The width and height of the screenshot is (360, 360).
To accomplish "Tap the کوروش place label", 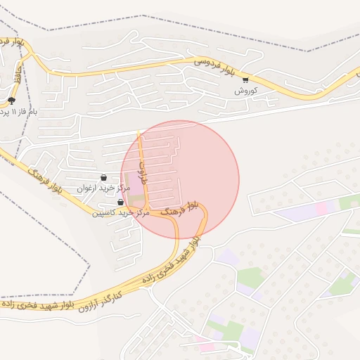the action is (247, 91).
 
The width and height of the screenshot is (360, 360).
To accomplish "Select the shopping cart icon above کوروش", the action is (245, 80).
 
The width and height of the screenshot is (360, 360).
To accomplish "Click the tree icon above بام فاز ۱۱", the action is (11, 101).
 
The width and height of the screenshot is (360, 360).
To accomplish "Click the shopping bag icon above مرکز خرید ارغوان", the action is (104, 178).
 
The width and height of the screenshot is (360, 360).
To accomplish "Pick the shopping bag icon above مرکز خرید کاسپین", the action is (120, 202).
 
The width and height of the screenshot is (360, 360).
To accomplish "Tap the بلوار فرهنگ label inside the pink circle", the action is (180, 208).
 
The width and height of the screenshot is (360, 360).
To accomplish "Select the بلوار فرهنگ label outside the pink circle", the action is (46, 180).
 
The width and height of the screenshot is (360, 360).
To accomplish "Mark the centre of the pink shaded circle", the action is (180, 179).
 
